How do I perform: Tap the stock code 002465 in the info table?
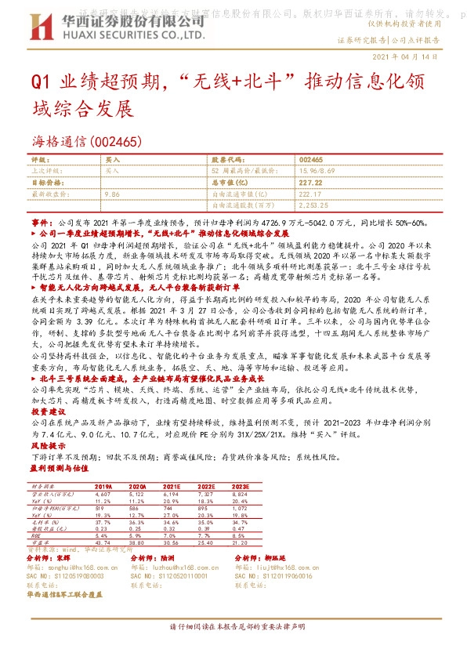(x=289, y=159)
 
